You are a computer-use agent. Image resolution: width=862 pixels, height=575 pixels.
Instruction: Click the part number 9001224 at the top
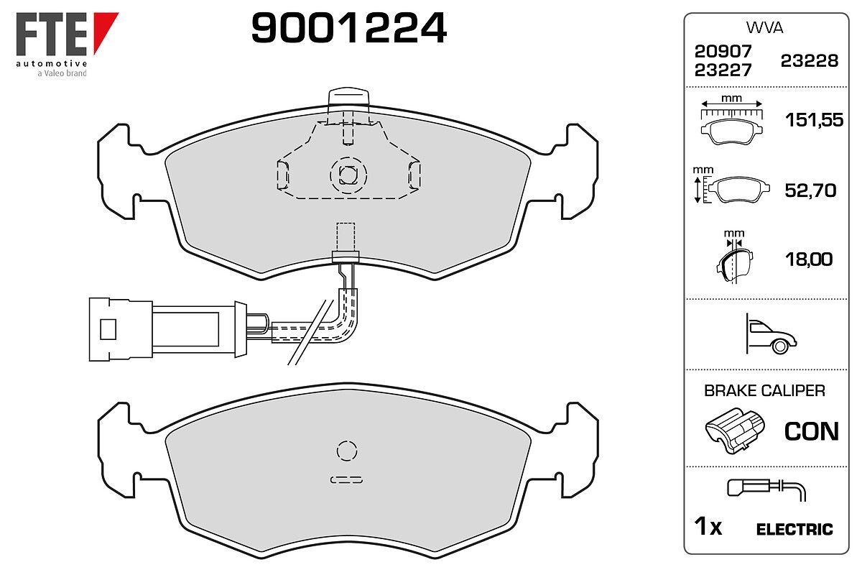pyautogui.click(x=348, y=27)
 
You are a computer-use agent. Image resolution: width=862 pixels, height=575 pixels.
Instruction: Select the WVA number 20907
pyautogui.click(x=723, y=51)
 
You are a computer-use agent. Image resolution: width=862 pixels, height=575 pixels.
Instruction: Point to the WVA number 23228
pyautogui.click(x=810, y=61)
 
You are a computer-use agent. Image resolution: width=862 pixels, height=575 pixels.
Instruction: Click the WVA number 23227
pyautogui.click(x=723, y=70)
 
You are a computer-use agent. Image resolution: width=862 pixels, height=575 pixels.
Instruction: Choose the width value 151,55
pyautogui.click(x=814, y=120)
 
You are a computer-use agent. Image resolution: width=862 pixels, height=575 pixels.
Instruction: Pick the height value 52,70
pyautogui.click(x=810, y=190)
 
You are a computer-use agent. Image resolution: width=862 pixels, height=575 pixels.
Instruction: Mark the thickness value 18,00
pyautogui.click(x=809, y=259)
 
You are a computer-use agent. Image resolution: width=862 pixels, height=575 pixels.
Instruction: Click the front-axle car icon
pyautogui.click(x=771, y=334)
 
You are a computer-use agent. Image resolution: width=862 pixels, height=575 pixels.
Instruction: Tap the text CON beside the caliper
pyautogui.click(x=812, y=431)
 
